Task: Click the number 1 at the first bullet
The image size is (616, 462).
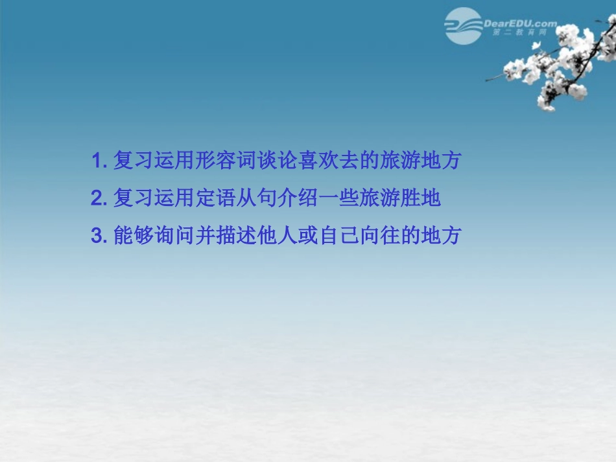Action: [x=97, y=161]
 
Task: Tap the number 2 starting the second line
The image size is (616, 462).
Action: [x=97, y=198]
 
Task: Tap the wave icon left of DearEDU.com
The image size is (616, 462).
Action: [x=462, y=26]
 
